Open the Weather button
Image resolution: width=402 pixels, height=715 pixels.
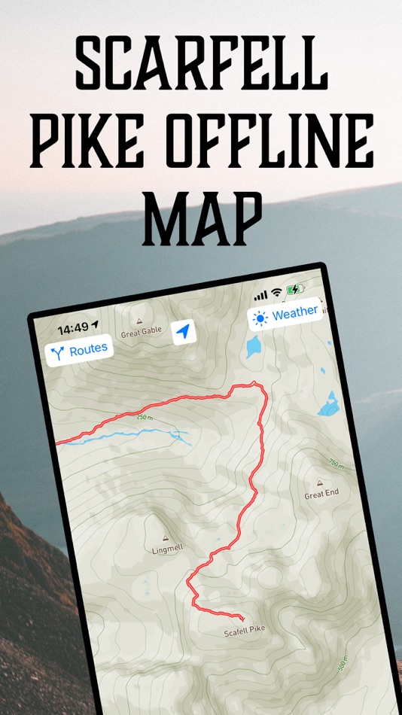point(285,315)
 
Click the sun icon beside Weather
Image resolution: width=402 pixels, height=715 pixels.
point(260,318)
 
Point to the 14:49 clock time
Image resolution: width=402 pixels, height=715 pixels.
point(73,327)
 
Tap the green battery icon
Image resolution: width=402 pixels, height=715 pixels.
point(295,289)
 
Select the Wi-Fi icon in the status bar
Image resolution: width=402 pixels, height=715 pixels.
point(276,292)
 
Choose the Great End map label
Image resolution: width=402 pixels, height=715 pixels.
point(321,494)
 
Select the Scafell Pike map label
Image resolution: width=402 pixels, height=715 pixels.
point(245,631)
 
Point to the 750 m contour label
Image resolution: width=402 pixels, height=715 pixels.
point(336,464)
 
